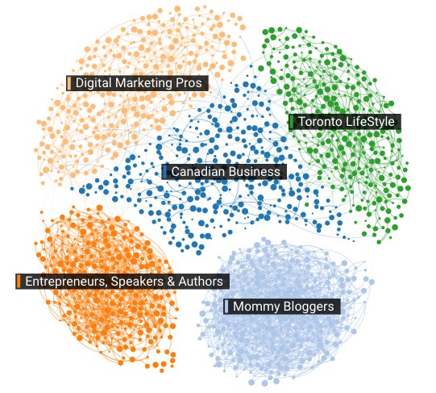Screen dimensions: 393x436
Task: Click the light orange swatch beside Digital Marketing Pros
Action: pos(69,83)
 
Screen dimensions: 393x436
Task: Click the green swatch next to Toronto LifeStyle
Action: pos(292,122)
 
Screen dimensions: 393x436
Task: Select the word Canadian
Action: pos(196,172)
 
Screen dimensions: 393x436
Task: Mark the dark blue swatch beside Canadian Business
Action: pos(165,172)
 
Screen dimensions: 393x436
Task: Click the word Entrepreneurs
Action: pos(62,282)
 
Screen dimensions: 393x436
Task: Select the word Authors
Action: pos(199,282)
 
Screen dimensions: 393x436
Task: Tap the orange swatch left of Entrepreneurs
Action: pos(19,282)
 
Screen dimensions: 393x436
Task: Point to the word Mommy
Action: pos(254,307)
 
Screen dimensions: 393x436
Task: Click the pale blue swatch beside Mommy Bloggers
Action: pos(226,307)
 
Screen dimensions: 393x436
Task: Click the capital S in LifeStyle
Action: pos(370,122)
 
